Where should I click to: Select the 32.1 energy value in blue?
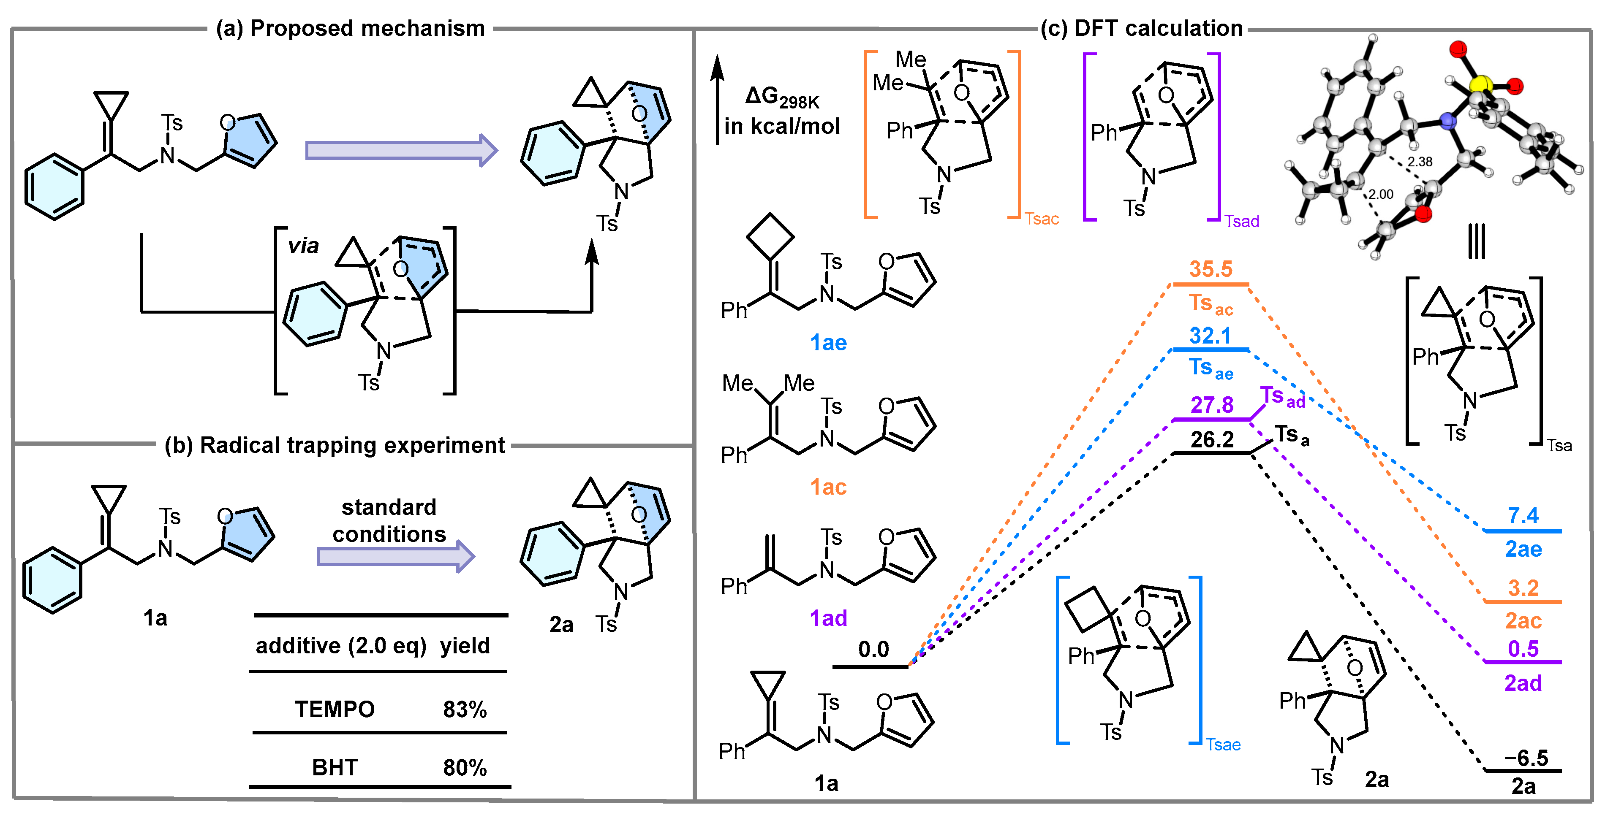(x=1210, y=336)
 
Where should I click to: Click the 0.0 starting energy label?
(x=873, y=650)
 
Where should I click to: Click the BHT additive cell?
(x=335, y=768)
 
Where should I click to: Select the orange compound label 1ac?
(x=828, y=487)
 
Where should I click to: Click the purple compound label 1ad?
(x=828, y=618)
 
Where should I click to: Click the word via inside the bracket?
(x=303, y=246)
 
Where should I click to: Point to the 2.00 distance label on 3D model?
(x=1381, y=194)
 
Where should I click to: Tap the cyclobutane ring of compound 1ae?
(x=770, y=237)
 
